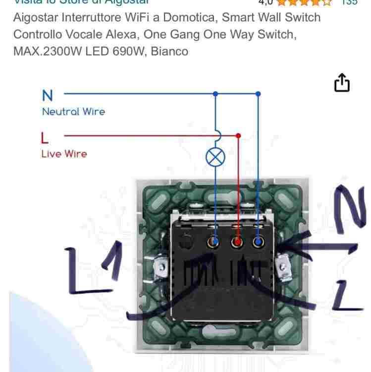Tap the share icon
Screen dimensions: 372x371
342,83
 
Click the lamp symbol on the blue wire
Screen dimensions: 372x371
215,158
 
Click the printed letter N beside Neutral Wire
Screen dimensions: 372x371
48,95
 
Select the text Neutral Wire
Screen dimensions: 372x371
73,112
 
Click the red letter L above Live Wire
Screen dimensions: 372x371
45,137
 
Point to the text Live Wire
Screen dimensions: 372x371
64,154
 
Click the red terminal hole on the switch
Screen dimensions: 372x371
237,242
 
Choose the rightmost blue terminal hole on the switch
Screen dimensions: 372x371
258,242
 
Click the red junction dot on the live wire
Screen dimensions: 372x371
238,135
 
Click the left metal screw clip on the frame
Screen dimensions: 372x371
160,268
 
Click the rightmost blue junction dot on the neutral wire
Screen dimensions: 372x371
258,93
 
